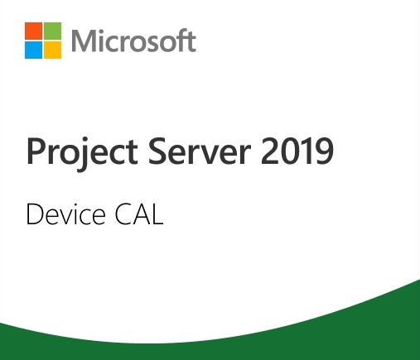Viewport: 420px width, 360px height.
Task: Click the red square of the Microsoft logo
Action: point(33,31)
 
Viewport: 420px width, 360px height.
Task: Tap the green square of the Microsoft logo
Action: point(52,31)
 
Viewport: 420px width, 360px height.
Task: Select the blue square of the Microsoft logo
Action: point(33,50)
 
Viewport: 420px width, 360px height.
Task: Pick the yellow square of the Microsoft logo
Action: point(52,50)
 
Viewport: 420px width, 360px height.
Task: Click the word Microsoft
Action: point(133,41)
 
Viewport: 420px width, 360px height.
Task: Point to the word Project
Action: point(82,151)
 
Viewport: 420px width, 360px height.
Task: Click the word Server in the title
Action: point(200,151)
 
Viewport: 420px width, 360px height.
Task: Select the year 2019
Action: point(297,151)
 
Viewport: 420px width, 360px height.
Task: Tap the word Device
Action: point(65,214)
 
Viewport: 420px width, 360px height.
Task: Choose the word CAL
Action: point(139,214)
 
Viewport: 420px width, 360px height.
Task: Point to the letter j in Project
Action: point(82,155)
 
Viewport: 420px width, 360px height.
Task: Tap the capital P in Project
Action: point(36,151)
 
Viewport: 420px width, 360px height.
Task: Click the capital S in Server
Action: point(157,151)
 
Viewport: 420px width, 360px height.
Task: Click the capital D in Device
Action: point(35,214)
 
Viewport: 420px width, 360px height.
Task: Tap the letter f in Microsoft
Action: point(181,40)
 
